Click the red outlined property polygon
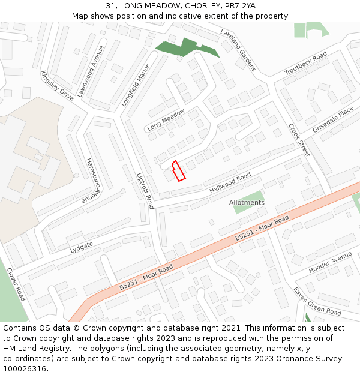[x=178, y=170]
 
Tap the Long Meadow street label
[x=166, y=120]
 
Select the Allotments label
[x=247, y=203]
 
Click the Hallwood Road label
[x=230, y=183]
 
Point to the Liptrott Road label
[x=146, y=190]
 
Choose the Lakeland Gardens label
[x=238, y=50]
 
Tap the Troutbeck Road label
[x=305, y=64]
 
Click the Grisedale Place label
[x=333, y=120]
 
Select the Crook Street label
[x=299, y=140]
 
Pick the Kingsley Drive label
[x=58, y=85]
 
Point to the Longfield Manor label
[x=134, y=86]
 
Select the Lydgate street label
[x=82, y=246]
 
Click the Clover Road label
[x=16, y=284]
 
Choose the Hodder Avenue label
[x=330, y=263]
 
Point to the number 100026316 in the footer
[x=25, y=369]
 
